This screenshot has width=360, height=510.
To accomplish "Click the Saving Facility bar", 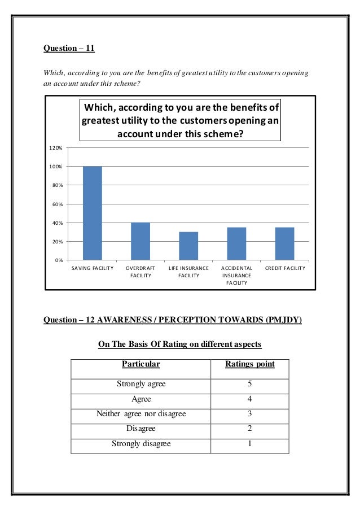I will click(x=93, y=213).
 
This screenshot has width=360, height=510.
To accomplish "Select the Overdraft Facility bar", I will click(x=141, y=241).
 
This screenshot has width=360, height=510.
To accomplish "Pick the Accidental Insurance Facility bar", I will click(x=236, y=243).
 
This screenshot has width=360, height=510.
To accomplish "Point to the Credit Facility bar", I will click(x=284, y=243).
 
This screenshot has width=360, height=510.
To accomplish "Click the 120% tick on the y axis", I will click(x=55, y=148).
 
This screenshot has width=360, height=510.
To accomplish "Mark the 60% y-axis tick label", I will click(x=56, y=204).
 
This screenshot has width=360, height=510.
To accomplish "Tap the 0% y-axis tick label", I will click(x=58, y=260).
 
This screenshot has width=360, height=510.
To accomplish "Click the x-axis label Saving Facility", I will click(x=93, y=268).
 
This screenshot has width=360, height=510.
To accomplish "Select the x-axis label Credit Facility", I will click(x=284, y=268).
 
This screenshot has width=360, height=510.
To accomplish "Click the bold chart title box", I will click(x=181, y=120).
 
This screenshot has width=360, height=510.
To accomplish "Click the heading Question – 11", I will click(x=69, y=48).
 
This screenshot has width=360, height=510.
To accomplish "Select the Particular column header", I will click(x=141, y=364).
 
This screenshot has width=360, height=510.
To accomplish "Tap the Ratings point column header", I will click(x=249, y=364).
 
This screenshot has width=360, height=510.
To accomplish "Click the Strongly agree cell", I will click(x=141, y=384).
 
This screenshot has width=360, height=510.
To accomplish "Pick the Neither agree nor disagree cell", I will click(x=141, y=414).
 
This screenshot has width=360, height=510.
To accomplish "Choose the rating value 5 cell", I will click(x=249, y=384).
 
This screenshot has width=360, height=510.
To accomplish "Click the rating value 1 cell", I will click(x=249, y=444).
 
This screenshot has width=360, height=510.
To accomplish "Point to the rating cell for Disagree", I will click(x=249, y=429).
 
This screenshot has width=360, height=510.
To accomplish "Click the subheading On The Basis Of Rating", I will click(x=180, y=344).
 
